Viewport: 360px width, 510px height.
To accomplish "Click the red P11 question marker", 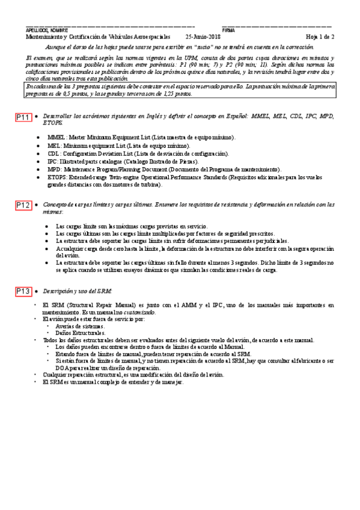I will click(23, 118).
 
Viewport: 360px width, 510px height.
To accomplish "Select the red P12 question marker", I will click(23, 206).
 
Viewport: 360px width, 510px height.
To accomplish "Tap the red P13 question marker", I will click(23, 292).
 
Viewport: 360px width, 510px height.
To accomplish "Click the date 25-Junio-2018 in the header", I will click(203, 37).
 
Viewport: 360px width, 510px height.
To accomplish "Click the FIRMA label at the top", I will click(228, 30).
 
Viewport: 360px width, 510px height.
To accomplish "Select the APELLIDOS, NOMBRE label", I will click(47, 30).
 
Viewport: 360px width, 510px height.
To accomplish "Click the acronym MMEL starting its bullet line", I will click(57, 138).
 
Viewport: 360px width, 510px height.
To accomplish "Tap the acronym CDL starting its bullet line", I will click(54, 154).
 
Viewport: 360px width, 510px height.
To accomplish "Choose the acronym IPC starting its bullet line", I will click(53, 162).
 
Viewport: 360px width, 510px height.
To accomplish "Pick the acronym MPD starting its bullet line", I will click(55, 170).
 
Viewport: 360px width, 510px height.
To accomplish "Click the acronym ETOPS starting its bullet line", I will click(57, 177).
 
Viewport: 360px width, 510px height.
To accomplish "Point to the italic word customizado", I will click(139, 313).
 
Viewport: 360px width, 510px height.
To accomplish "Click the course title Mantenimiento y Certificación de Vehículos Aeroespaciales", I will click(97, 37).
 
